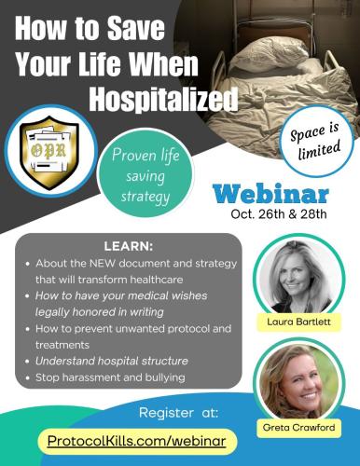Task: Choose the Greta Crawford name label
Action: (294, 428)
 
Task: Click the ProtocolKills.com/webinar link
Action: (138, 438)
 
